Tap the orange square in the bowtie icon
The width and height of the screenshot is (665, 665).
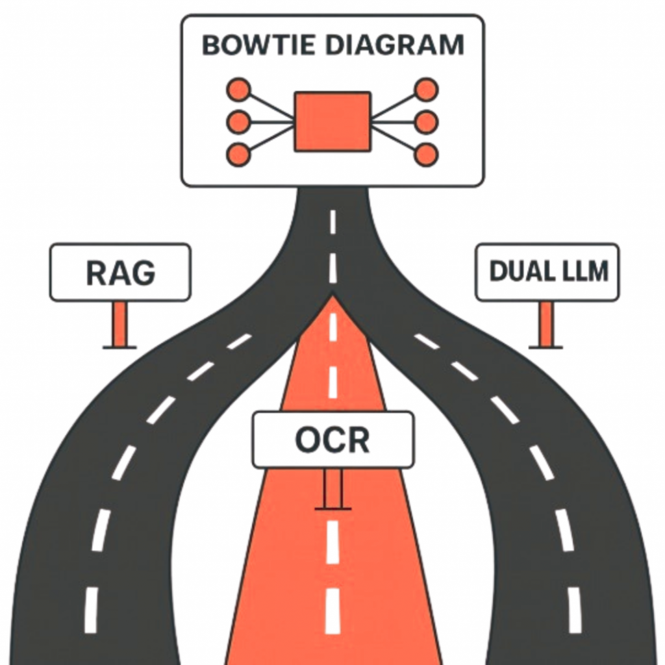click(x=332, y=122)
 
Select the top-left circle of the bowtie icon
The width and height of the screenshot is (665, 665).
click(x=238, y=89)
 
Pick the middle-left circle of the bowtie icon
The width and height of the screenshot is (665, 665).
click(x=238, y=122)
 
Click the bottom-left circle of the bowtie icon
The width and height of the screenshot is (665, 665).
click(x=238, y=155)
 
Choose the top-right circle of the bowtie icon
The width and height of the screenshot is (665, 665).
click(x=426, y=89)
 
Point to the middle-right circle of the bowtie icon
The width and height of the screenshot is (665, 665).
click(x=426, y=122)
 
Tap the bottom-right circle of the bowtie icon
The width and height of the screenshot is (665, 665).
click(x=426, y=155)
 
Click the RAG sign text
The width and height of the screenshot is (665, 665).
click(x=121, y=273)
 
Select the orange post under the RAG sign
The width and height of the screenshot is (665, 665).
click(x=120, y=324)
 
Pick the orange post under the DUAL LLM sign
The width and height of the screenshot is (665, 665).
click(x=546, y=324)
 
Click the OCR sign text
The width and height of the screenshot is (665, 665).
click(x=332, y=440)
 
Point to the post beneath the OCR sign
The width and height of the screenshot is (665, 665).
click(x=332, y=488)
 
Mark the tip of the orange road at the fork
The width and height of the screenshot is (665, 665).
click(x=332, y=299)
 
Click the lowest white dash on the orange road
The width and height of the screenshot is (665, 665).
click(x=332, y=610)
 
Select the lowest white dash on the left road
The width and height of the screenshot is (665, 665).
click(x=91, y=610)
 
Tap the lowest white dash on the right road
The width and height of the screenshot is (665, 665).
click(x=574, y=610)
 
